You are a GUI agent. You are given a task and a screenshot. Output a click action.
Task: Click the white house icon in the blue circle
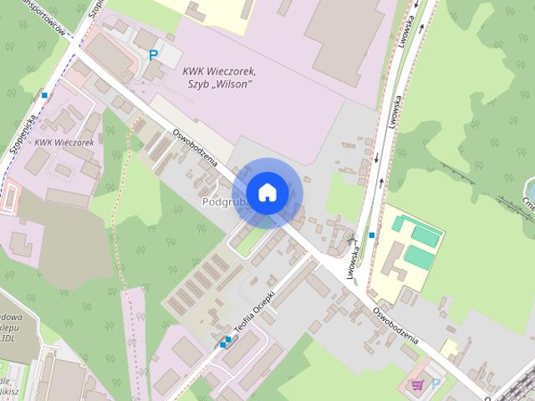267,193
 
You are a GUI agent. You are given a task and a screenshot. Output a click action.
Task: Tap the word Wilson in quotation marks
233,84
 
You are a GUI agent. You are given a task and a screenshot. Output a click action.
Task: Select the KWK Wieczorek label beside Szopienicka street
64,143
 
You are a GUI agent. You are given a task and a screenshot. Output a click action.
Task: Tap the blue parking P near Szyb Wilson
153,54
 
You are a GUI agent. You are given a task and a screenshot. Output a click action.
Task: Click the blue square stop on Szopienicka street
44,95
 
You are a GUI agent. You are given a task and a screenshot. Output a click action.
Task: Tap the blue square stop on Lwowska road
371,236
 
